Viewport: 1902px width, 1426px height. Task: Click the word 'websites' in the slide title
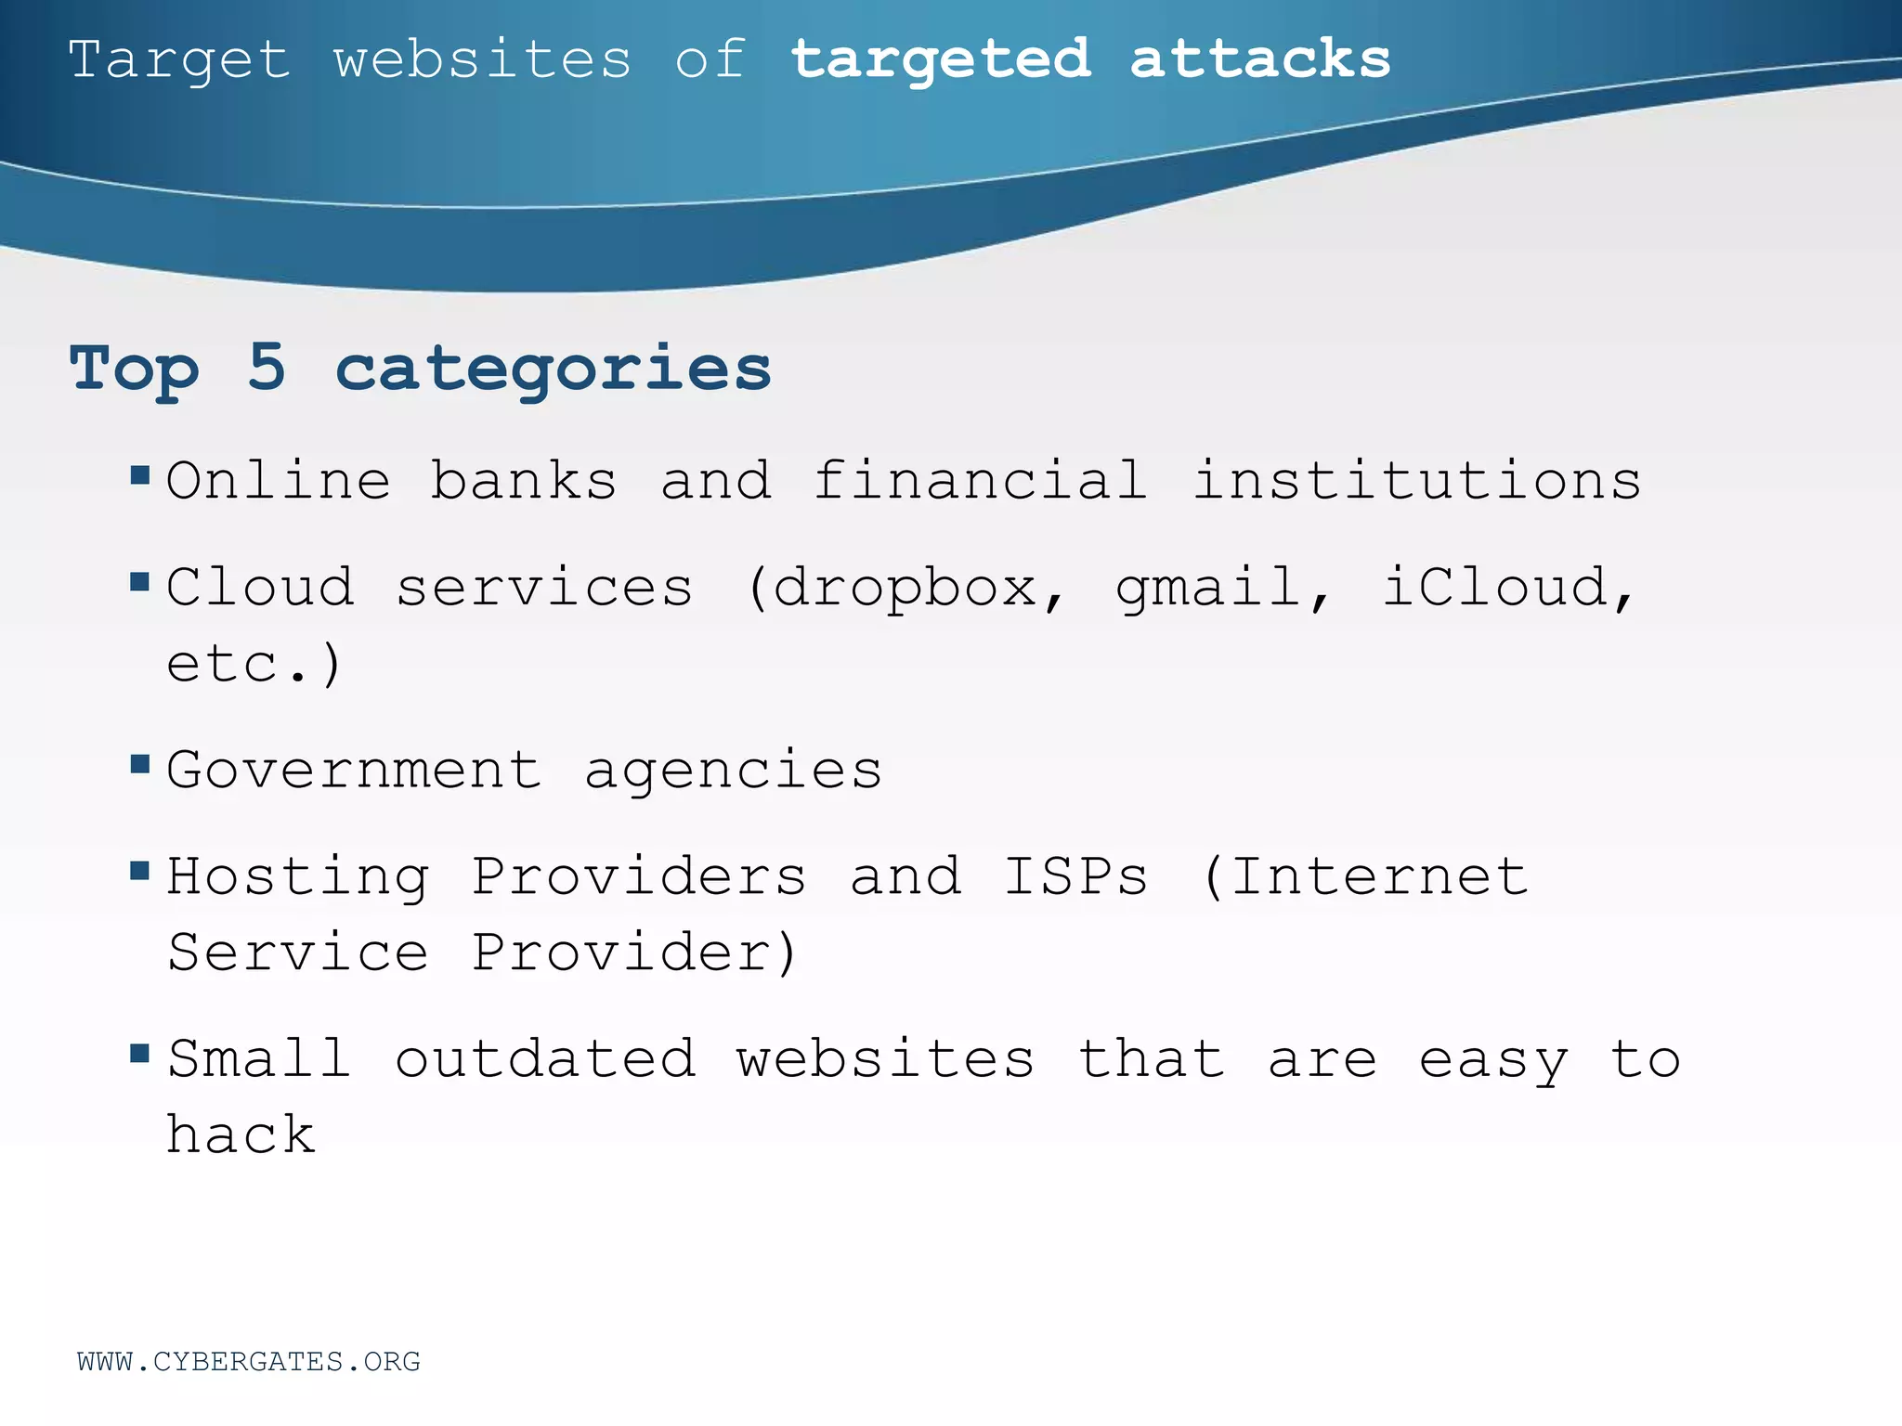point(482,60)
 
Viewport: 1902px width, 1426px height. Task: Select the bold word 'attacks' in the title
point(1260,60)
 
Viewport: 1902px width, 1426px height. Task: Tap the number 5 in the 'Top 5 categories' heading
point(267,368)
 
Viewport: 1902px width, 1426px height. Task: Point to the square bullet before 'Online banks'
point(140,476)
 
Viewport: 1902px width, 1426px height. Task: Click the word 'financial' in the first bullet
point(980,481)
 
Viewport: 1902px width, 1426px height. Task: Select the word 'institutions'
point(1417,481)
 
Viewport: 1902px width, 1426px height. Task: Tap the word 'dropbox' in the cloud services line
point(905,589)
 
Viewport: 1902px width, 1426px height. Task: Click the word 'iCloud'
point(1495,587)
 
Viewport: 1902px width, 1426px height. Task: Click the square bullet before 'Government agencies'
point(140,765)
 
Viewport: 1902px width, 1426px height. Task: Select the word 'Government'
point(354,770)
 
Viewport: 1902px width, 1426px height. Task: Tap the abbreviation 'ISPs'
point(1076,876)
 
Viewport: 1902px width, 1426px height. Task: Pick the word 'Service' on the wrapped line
point(298,953)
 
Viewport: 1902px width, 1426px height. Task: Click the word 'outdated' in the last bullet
point(545,1059)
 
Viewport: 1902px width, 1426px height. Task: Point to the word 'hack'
point(241,1134)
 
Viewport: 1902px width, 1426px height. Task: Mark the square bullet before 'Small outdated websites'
point(140,1053)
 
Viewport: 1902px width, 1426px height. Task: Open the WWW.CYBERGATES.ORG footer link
point(249,1362)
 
